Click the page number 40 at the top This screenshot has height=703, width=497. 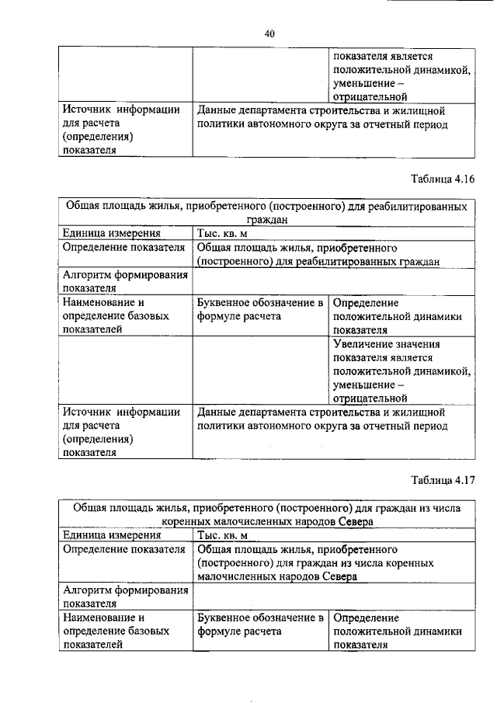click(x=269, y=33)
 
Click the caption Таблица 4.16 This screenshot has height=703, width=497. click(x=442, y=179)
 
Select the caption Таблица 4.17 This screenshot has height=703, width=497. click(x=442, y=479)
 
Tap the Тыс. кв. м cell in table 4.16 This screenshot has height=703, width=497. click(x=223, y=233)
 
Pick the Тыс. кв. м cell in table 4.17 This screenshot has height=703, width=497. click(x=223, y=534)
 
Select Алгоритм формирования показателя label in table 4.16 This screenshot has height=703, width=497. click(x=124, y=281)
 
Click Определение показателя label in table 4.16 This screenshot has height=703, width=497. click(x=123, y=248)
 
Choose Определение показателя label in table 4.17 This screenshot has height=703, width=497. click(x=123, y=549)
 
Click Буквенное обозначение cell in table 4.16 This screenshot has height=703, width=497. click(x=259, y=309)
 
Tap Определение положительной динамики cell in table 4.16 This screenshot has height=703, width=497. click(x=398, y=315)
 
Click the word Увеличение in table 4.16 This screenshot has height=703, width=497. click(x=365, y=344)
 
